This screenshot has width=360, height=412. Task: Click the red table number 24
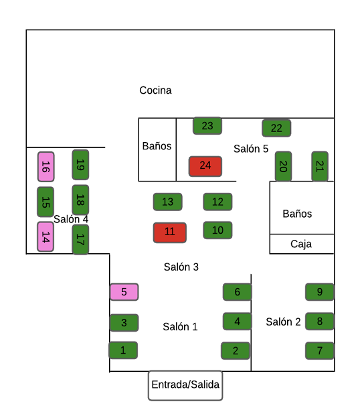[x=205, y=166]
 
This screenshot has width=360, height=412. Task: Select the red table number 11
[x=170, y=232]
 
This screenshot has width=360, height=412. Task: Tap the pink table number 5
[x=124, y=291]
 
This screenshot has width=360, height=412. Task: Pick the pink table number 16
[x=46, y=167]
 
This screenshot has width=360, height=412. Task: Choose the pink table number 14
[x=46, y=236]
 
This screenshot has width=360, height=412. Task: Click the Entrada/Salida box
[x=185, y=385]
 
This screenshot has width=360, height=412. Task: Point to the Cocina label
[x=155, y=90]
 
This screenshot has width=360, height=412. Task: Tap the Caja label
[x=301, y=244]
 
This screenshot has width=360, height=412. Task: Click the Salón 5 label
[x=251, y=149]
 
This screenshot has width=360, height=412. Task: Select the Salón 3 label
[x=181, y=267]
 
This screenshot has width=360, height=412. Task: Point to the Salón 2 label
[x=283, y=322]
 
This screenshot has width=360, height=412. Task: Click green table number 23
[x=207, y=125]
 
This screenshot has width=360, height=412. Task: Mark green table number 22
[x=276, y=128]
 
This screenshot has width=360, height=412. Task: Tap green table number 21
[x=320, y=166]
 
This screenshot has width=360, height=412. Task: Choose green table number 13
[x=168, y=202]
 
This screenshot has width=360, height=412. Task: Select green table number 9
[x=320, y=291]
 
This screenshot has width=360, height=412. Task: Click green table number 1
[x=123, y=350]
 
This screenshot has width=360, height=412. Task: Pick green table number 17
[x=80, y=239]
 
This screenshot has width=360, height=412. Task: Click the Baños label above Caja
[x=297, y=214]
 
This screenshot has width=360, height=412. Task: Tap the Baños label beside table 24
[x=157, y=146]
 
